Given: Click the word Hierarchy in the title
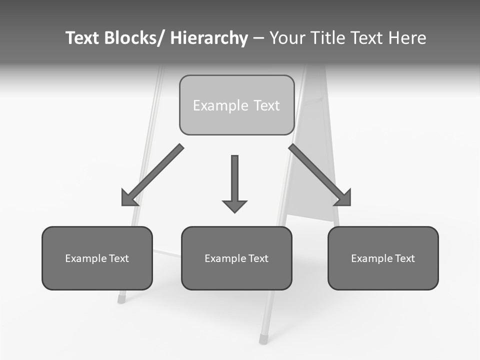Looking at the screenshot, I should pyautogui.click(x=209, y=38).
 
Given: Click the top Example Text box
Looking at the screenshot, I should pyautogui.click(x=236, y=105).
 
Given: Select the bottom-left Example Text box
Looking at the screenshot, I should pyautogui.click(x=97, y=258).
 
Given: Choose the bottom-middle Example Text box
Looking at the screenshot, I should pyautogui.click(x=236, y=258).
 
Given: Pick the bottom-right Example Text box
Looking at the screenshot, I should pyautogui.click(x=383, y=258).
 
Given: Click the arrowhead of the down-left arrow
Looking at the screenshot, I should pyautogui.click(x=129, y=198).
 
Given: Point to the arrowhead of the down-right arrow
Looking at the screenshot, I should pyautogui.click(x=343, y=198).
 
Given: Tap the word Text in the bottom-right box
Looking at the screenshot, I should pyautogui.click(x=404, y=258).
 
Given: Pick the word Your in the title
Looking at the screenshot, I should pyautogui.click(x=287, y=38).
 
